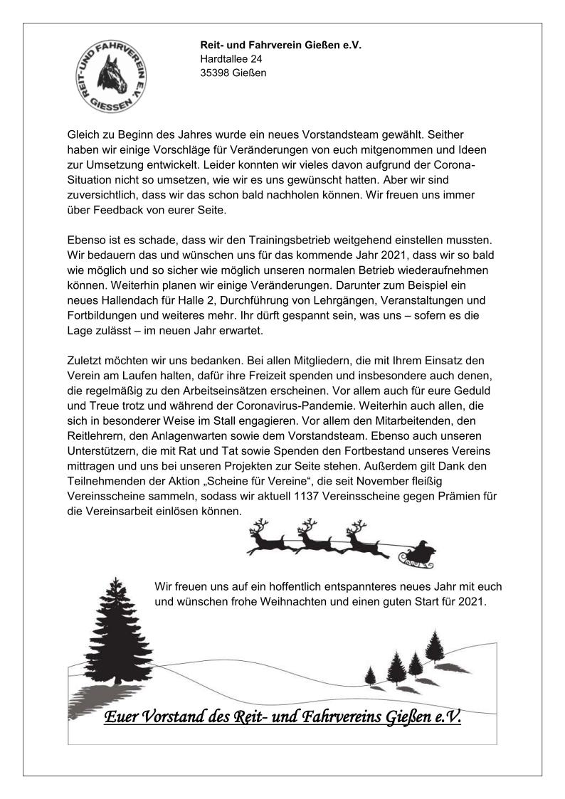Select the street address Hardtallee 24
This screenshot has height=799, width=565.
click(x=231, y=59)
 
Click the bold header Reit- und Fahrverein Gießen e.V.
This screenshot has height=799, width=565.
click(x=280, y=45)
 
